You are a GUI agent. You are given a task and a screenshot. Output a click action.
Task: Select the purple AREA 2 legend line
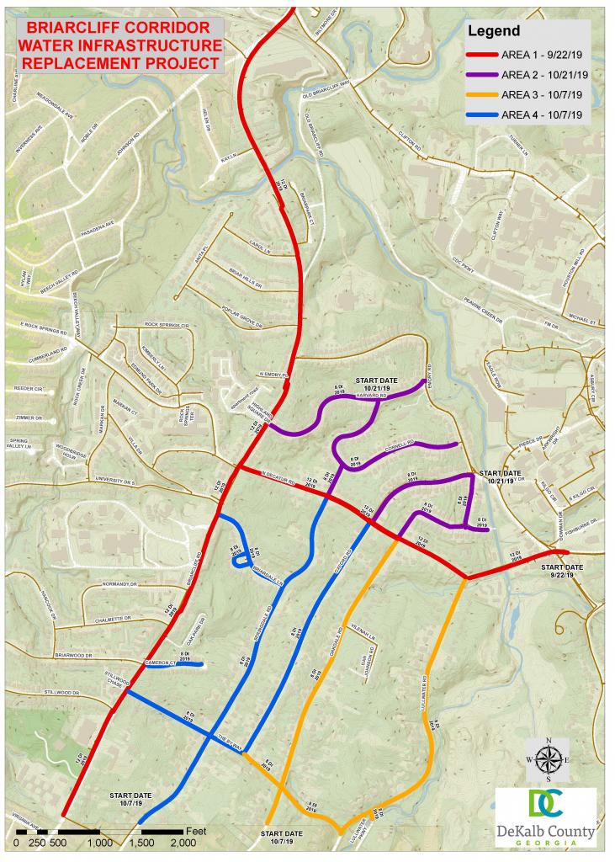[x=483, y=75]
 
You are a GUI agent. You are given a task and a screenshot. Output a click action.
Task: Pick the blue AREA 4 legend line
[x=483, y=114]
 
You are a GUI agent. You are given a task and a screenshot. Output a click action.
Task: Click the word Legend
[x=494, y=31]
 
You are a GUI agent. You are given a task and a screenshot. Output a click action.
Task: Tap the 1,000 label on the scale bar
[x=99, y=842]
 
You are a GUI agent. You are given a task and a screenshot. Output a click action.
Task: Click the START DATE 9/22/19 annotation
[x=557, y=572]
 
